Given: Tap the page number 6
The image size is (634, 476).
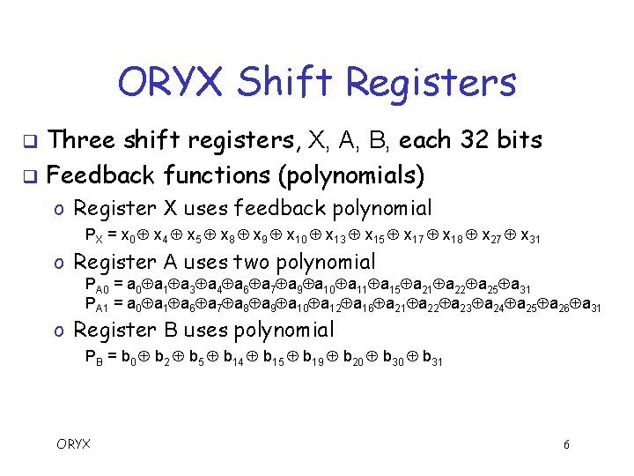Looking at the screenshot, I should (x=567, y=444).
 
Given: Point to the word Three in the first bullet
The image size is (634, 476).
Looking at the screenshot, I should (x=82, y=139).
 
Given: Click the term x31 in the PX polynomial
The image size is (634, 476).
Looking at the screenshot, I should (x=531, y=236).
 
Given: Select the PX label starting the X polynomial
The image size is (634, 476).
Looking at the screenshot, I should (x=94, y=236).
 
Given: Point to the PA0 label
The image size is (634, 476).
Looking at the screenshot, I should (x=98, y=286).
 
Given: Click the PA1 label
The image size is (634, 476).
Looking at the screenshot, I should (x=98, y=305).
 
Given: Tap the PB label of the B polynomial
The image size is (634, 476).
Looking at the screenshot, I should (x=94, y=358).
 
